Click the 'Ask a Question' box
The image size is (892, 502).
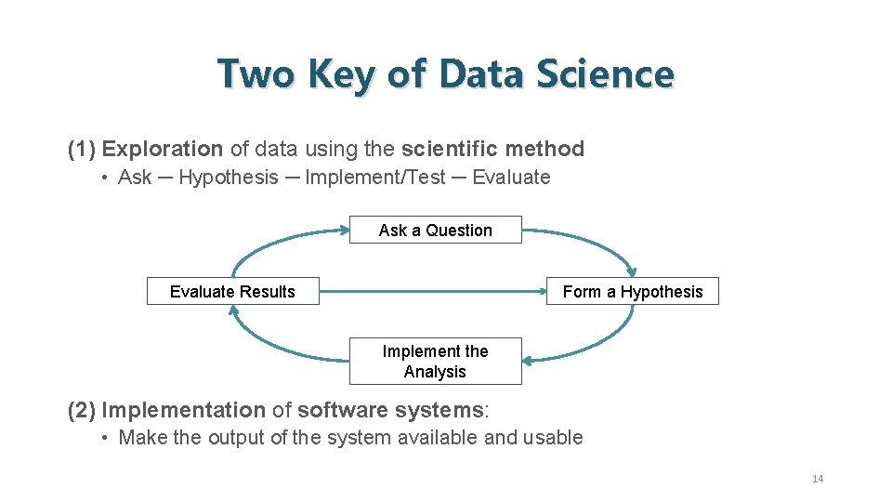435,230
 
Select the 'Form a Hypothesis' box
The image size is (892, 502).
633,291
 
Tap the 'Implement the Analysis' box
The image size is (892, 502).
435,362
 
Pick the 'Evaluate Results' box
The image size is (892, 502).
232,291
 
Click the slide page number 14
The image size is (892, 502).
818,479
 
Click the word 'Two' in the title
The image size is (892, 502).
255,74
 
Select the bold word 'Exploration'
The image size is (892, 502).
163,149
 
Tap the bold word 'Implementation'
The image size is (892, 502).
183,410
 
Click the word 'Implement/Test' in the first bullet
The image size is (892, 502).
375,178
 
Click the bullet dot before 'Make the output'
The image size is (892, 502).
108,438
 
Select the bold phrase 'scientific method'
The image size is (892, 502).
492,149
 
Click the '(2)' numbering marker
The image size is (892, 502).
82,410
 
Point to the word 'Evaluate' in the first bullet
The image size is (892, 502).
511,178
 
